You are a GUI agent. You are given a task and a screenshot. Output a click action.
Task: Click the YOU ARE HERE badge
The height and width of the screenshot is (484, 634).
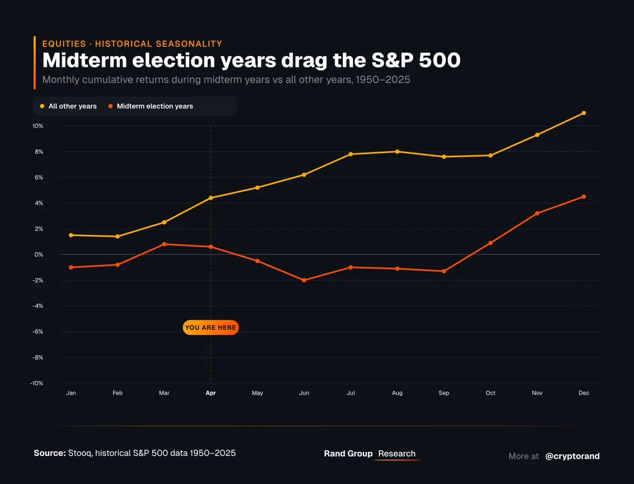click(x=210, y=328)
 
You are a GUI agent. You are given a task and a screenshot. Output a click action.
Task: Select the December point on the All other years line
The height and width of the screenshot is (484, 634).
click(x=584, y=113)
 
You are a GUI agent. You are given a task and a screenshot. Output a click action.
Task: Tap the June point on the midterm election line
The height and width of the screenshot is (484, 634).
click(x=304, y=280)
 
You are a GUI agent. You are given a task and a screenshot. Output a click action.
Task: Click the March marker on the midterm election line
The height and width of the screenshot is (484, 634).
click(x=164, y=244)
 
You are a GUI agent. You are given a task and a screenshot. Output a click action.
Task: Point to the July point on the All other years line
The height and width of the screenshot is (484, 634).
click(x=351, y=154)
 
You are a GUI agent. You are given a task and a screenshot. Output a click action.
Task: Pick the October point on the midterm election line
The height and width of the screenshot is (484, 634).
click(x=491, y=243)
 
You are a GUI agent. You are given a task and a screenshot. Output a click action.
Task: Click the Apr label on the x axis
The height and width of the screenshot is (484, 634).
click(x=211, y=393)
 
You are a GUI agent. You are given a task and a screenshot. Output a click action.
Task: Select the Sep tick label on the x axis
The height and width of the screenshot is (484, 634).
click(x=444, y=393)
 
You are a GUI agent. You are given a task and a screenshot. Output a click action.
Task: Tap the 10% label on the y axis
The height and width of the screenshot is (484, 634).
click(x=38, y=126)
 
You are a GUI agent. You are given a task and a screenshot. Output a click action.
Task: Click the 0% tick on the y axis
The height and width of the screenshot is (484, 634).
click(x=39, y=254)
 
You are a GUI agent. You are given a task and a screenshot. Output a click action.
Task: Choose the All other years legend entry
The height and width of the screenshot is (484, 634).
click(x=68, y=106)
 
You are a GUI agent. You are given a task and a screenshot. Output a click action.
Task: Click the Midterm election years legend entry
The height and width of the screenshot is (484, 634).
click(x=151, y=106)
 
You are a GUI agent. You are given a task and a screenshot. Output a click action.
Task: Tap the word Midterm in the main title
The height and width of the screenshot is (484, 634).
click(x=85, y=60)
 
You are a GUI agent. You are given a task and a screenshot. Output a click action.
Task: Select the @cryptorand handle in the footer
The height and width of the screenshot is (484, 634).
click(x=572, y=456)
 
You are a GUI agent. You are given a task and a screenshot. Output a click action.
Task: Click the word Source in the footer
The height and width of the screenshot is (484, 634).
click(x=49, y=453)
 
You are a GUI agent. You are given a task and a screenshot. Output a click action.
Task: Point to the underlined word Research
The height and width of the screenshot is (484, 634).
click(x=397, y=454)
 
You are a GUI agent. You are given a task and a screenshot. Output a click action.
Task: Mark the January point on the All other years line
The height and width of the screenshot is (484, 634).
click(x=71, y=235)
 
